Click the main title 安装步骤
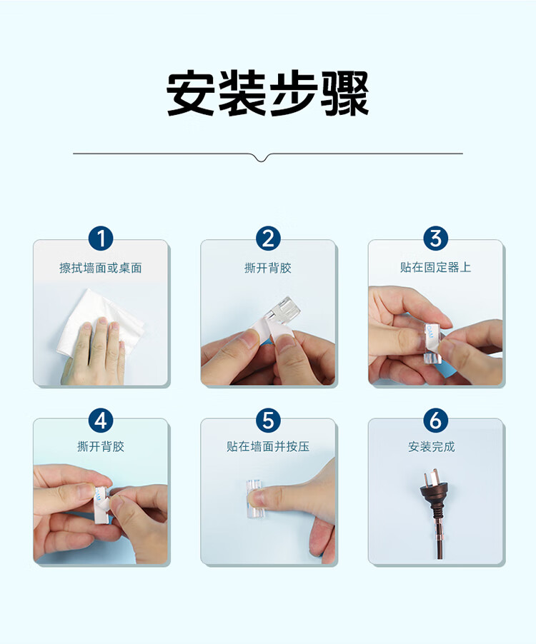point(267,94)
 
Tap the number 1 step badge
point(101,238)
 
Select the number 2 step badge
point(268,238)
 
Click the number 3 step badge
point(436,238)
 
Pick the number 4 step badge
point(101,421)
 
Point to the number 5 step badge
point(268,421)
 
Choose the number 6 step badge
point(436,421)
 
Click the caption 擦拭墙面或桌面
point(101,268)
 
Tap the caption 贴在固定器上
point(436,267)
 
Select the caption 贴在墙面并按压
point(268,446)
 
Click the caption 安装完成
point(432,446)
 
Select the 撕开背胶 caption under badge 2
point(268,268)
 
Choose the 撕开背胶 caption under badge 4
point(101,446)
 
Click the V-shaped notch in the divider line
point(262,157)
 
